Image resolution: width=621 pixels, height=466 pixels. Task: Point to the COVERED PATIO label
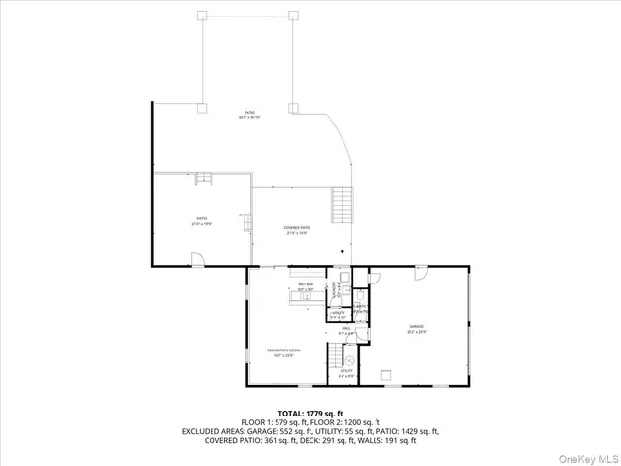tap(296, 230)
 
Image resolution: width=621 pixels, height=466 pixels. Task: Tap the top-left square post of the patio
tap(202, 15)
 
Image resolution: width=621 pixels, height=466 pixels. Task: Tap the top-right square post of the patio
tap(293, 15)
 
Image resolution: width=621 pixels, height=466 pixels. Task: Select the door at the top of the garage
tap(422, 275)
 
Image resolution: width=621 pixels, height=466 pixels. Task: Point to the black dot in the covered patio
tap(342, 250)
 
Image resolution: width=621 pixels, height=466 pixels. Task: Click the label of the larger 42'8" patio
tap(250, 116)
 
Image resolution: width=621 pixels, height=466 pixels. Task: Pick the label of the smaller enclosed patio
tap(202, 221)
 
